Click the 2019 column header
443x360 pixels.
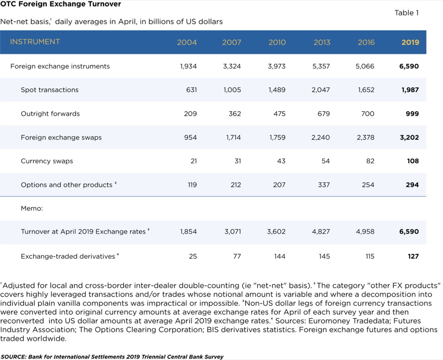click(410, 42)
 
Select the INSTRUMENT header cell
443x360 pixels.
click(35, 42)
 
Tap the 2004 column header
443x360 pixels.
click(187, 42)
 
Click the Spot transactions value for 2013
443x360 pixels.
click(321, 90)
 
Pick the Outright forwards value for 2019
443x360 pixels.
click(412, 114)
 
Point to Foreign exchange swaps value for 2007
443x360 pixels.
click(233, 137)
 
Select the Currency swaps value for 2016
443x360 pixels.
click(370, 161)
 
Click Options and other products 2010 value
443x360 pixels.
click(279, 185)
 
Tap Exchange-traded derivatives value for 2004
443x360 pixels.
click(193, 256)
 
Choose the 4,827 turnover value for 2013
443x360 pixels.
click(321, 232)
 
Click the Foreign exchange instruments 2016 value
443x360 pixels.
click(365, 66)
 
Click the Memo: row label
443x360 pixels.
click(32, 208)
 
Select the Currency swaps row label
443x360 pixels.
click(47, 161)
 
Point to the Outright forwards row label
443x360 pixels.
click(50, 114)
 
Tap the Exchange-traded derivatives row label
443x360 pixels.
click(68, 256)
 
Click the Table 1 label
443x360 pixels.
click(407, 13)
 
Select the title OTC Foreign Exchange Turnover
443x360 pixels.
click(61, 4)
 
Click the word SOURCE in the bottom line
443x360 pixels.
click(13, 357)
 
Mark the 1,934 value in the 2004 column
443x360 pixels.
click(189, 66)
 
